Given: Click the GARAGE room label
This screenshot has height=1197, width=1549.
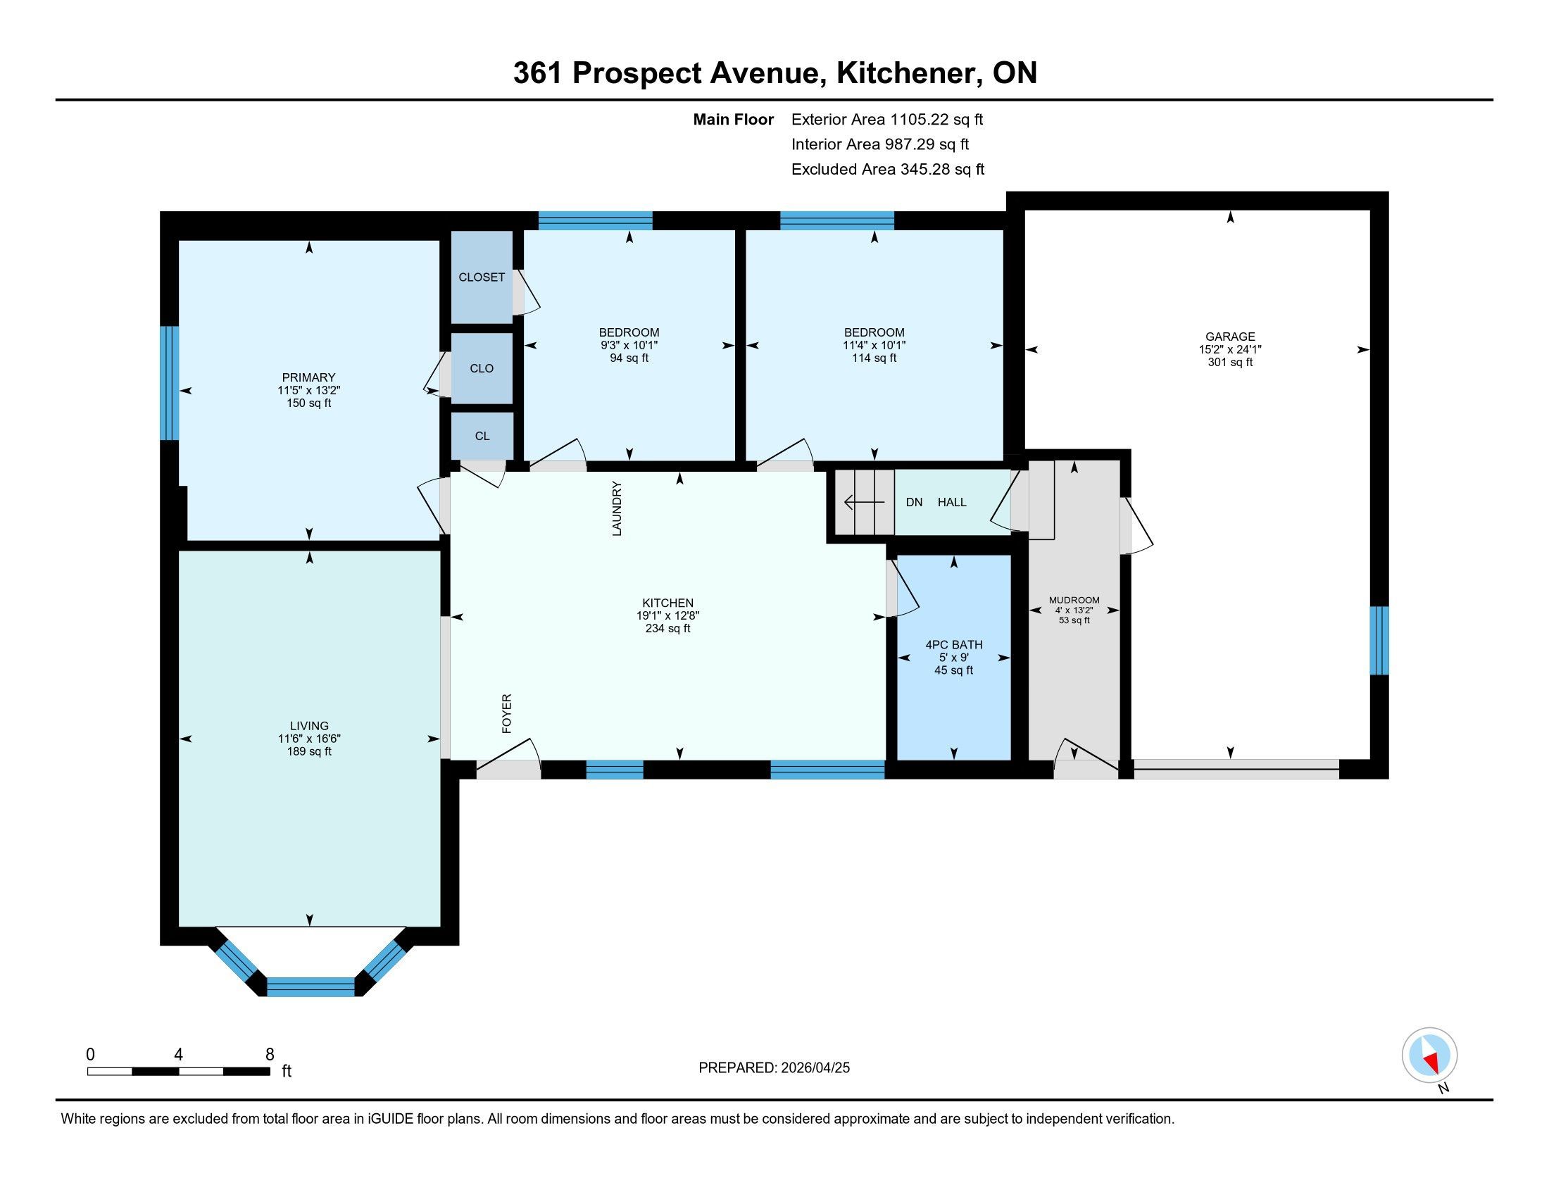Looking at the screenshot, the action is click(1230, 337).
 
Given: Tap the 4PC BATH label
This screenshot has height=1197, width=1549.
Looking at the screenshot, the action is click(954, 644).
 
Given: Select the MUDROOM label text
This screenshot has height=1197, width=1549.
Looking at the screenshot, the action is click(1074, 600).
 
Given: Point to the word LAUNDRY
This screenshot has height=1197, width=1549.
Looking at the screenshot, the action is click(617, 508).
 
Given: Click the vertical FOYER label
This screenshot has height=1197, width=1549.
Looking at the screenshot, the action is click(506, 713).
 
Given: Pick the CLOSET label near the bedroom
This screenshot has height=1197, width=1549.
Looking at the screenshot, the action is click(482, 277).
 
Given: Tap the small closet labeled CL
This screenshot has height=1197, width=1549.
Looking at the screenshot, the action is click(482, 436).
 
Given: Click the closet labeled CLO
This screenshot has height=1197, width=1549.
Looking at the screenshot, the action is click(482, 369).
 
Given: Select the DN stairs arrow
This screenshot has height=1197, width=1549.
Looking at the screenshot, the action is click(864, 503).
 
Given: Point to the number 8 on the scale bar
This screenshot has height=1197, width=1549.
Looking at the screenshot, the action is click(270, 1055).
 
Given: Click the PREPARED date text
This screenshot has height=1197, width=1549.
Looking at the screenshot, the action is click(774, 1068).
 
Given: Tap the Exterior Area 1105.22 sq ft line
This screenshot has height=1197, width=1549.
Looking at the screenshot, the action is click(887, 120).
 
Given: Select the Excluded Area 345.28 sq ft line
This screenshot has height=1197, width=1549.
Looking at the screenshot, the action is click(888, 170).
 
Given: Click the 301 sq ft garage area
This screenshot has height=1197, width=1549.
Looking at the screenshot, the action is click(1230, 363).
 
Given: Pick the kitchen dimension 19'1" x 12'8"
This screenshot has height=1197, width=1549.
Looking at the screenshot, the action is click(668, 616).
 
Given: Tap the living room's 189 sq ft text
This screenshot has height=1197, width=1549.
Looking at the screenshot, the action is click(309, 752).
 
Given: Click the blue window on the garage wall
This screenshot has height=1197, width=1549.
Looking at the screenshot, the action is click(1379, 640).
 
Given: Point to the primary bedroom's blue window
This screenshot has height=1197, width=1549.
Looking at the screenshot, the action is click(169, 383).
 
